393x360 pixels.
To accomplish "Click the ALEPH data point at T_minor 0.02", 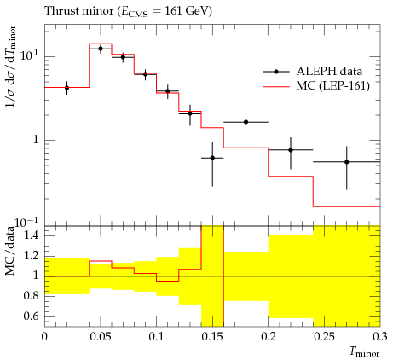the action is pyautogui.click(x=66, y=88).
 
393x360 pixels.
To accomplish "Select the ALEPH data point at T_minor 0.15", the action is pyautogui.click(x=212, y=158).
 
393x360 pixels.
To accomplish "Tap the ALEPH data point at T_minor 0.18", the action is pyautogui.click(x=246, y=122).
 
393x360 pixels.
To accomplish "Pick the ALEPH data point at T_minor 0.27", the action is pyautogui.click(x=347, y=162).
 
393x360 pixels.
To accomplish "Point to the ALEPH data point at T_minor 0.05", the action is pyautogui.click(x=101, y=49).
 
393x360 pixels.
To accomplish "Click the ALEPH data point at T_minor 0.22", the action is pyautogui.click(x=291, y=150).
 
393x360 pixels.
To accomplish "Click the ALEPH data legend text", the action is pyautogui.click(x=329, y=72).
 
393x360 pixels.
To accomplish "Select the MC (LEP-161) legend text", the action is pyautogui.click(x=333, y=86).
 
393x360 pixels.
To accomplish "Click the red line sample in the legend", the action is pyautogui.click(x=276, y=86).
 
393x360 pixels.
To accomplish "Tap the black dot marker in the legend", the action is pyautogui.click(x=276, y=72).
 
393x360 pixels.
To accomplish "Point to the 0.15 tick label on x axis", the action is pyautogui.click(x=212, y=337).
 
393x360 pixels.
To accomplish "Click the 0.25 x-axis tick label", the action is pyautogui.click(x=324, y=337).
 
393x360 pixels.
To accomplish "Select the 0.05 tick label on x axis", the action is pyautogui.click(x=101, y=337).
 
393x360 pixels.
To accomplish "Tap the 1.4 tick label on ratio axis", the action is pyautogui.click(x=31, y=235).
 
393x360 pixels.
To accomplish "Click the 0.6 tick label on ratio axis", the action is pyautogui.click(x=31, y=316).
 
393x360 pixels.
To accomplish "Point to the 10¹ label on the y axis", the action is pyautogui.click(x=29, y=55).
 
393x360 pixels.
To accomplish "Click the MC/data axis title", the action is pyautogui.click(x=10, y=251).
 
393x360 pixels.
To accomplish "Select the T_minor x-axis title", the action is pyautogui.click(x=365, y=351).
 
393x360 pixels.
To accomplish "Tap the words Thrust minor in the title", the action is pyautogui.click(x=79, y=11).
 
